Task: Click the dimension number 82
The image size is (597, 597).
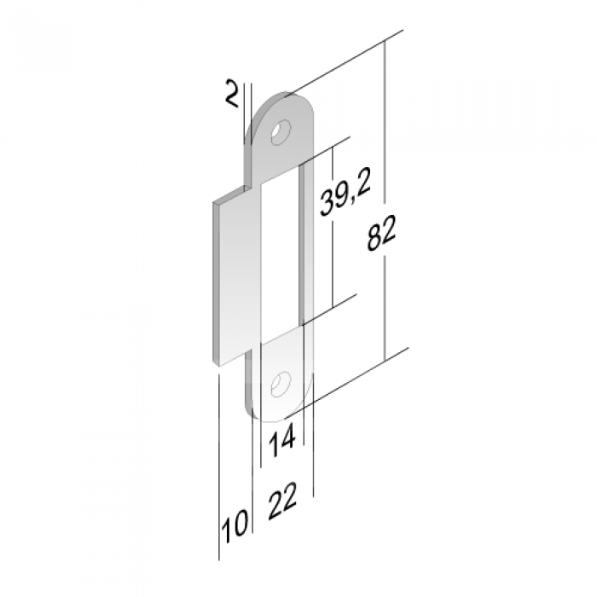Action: [x=382, y=234]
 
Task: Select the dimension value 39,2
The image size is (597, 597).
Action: [x=345, y=197]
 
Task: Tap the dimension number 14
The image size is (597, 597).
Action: [x=282, y=441]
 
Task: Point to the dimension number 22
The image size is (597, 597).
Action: [x=282, y=501]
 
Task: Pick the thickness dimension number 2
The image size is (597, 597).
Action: [x=232, y=92]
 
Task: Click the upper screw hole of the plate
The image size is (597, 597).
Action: [x=281, y=132]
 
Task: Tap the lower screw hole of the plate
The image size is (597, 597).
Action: [x=281, y=384]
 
